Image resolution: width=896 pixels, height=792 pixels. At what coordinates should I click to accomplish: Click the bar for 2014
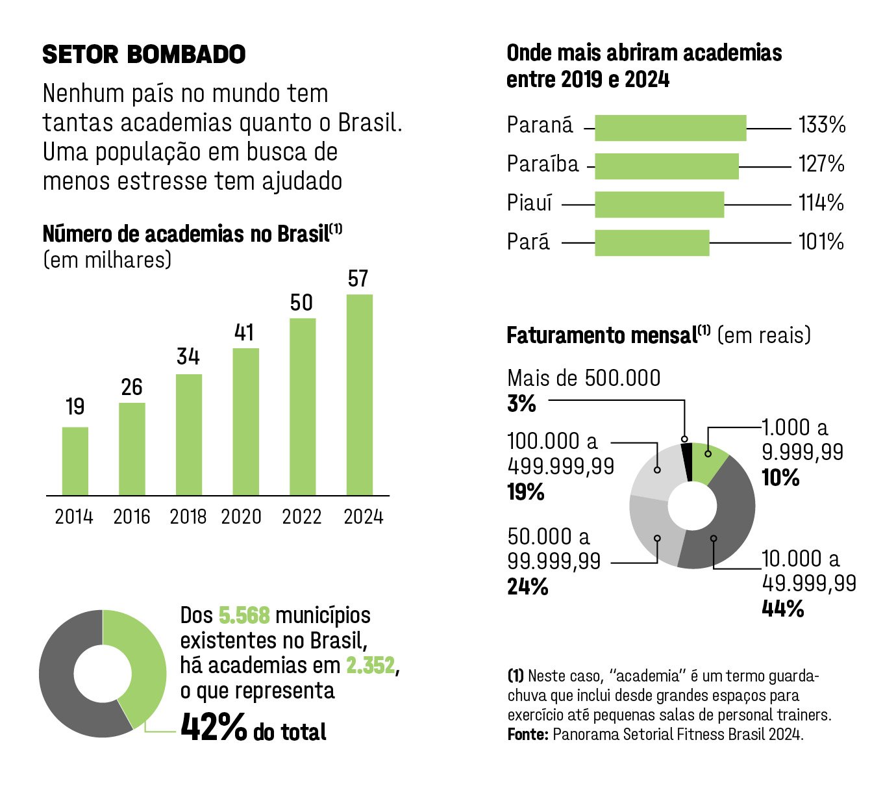point(75,461)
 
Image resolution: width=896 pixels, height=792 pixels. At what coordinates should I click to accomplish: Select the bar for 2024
point(360,395)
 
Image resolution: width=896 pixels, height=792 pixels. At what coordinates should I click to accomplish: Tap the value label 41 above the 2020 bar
point(244,333)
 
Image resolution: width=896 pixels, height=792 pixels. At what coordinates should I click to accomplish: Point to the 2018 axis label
point(188,517)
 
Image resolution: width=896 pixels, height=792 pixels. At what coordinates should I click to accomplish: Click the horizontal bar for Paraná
point(670,128)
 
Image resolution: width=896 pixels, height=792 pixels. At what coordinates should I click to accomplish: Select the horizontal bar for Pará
point(652,243)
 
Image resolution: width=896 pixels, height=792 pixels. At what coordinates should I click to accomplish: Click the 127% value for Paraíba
point(821,164)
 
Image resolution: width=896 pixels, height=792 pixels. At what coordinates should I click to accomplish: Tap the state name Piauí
point(529,203)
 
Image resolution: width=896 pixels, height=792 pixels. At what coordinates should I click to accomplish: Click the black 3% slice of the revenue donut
point(686,462)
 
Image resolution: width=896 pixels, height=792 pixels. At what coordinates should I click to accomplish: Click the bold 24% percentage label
point(527,587)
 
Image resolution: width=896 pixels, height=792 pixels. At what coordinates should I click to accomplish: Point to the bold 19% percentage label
point(525,492)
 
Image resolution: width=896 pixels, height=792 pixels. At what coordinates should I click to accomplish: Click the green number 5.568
point(243,615)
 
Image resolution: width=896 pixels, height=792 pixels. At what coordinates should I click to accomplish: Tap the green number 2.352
point(370,665)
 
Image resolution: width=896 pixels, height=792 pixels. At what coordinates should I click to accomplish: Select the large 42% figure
point(214,728)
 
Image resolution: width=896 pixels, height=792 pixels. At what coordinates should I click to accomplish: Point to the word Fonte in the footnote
point(527,734)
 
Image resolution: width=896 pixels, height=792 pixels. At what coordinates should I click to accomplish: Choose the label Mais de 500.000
point(583,378)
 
